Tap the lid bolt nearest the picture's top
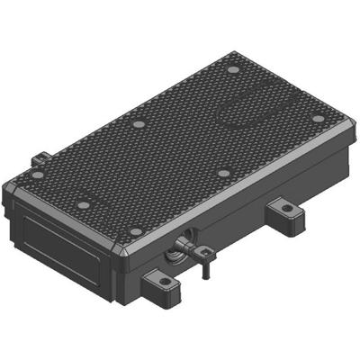[x=234, y=69]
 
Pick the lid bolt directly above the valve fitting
[x=138, y=231]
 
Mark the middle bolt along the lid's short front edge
[x=84, y=205]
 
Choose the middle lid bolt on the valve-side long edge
[x=222, y=173]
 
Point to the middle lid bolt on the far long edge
[x=138, y=125]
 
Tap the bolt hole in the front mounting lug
[x=165, y=281]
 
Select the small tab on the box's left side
[x=38, y=160]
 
